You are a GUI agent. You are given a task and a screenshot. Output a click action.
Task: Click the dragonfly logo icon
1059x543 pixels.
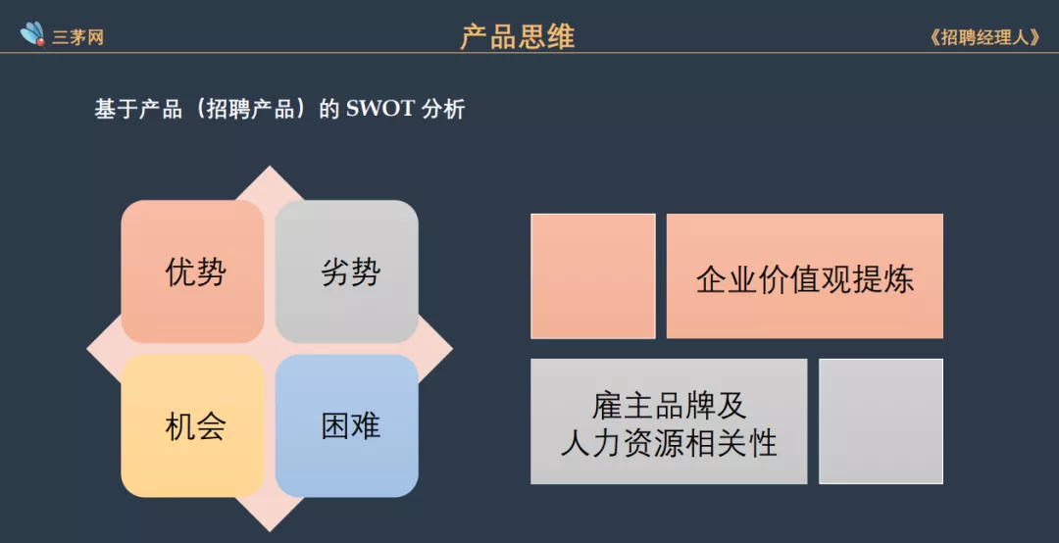[32, 34]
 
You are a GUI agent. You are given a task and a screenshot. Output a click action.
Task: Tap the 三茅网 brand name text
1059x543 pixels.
[78, 37]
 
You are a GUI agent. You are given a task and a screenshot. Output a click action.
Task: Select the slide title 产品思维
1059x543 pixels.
[518, 36]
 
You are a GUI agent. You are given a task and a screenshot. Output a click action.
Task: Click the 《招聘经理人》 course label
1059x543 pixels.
[984, 37]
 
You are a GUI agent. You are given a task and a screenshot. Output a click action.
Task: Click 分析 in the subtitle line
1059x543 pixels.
[443, 109]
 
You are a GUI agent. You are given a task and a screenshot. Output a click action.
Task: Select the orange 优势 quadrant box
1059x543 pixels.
[192, 271]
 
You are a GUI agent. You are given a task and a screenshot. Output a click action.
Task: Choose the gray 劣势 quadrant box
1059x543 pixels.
[347, 271]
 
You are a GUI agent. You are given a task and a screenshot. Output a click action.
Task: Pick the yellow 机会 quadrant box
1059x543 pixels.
[192, 425]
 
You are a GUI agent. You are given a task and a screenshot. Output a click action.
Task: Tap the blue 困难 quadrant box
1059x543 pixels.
[347, 425]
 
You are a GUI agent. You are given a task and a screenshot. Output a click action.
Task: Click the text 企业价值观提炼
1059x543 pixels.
[804, 278]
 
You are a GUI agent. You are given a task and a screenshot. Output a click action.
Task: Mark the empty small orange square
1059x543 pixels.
[593, 275]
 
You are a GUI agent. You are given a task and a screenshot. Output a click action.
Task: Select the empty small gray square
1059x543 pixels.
[881, 421]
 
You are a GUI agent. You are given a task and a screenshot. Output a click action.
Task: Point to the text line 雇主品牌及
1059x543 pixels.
[670, 405]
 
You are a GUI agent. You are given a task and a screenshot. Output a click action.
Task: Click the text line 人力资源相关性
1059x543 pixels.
[669, 442]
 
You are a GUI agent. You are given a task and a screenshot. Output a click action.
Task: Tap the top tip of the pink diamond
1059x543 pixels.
[271, 167]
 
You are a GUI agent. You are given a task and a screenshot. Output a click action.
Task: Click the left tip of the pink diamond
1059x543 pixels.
[88, 349]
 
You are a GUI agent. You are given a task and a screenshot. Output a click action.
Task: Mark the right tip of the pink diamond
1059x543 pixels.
[451, 349]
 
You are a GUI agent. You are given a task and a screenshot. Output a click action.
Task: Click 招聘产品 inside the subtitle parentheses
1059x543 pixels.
[251, 109]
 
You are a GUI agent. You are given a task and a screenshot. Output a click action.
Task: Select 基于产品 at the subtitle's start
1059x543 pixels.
[138, 109]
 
